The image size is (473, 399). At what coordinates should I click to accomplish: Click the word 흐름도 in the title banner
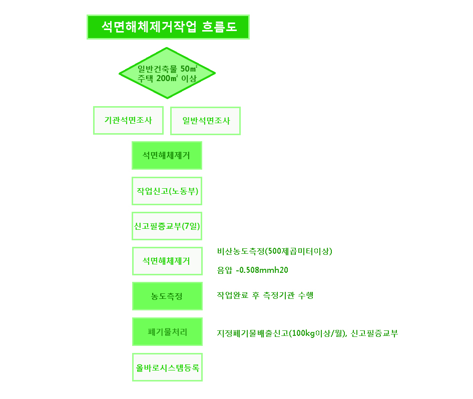click(x=219, y=27)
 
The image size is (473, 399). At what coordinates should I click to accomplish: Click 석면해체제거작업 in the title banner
click(x=149, y=27)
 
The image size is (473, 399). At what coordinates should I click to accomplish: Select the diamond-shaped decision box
click(x=167, y=73)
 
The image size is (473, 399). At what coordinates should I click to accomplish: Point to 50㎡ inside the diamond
click(x=189, y=69)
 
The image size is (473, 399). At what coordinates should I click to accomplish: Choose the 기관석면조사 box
click(x=128, y=120)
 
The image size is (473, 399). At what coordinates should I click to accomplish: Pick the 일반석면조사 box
click(x=205, y=121)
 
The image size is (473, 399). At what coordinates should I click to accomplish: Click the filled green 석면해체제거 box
click(x=167, y=155)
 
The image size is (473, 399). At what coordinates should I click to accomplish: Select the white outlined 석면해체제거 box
click(x=167, y=261)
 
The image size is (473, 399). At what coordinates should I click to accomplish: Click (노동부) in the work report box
click(x=183, y=191)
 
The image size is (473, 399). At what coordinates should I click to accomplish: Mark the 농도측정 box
click(x=167, y=296)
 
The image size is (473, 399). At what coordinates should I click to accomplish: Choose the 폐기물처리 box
click(x=167, y=332)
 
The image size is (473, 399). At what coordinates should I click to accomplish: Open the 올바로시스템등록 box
click(x=167, y=367)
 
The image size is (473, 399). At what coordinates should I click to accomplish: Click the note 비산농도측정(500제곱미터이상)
click(x=274, y=251)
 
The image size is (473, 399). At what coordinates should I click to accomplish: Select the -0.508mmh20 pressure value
click(x=262, y=270)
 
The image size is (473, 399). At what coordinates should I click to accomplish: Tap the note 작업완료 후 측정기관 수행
click(x=265, y=295)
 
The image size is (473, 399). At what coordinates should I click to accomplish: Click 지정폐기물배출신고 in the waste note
click(x=253, y=333)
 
